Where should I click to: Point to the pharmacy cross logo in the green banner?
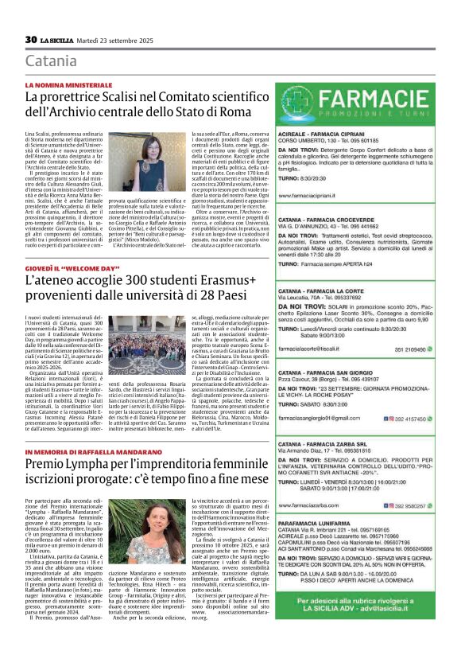click(299, 104)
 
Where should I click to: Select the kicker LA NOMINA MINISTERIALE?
click(70, 84)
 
